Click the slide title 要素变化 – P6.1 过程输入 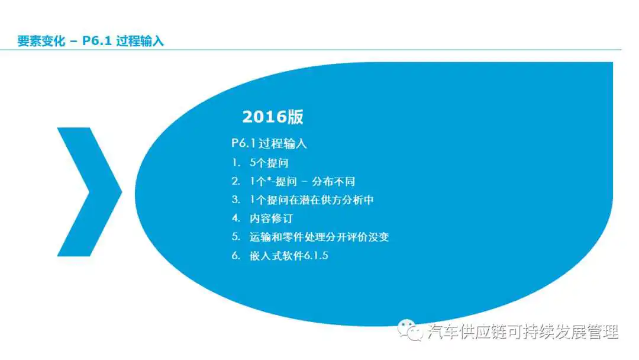coord(91,41)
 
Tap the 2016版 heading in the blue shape coord(273,117)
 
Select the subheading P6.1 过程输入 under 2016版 coord(269,143)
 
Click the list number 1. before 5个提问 coord(236,163)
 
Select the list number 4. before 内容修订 coord(236,218)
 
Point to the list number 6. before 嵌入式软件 coord(236,256)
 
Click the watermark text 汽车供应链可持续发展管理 coord(523,332)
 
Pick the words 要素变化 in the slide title coord(41,41)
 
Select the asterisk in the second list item coord(269,179)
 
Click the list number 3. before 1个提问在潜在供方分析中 coord(236,200)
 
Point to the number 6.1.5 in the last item coord(316,256)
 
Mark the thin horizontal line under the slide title coord(311,50)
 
